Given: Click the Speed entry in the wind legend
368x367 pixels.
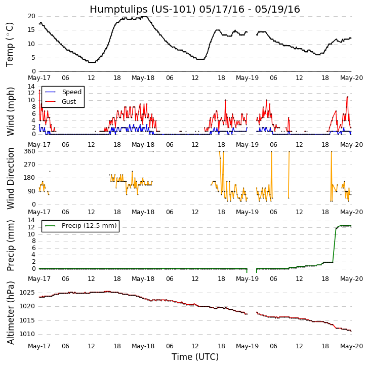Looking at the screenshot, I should tap(71, 92).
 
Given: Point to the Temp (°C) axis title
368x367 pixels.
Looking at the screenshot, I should tap(10, 44).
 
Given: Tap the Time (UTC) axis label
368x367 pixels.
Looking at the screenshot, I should tap(195, 357).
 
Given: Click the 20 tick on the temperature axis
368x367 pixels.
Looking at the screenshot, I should tap(31, 16).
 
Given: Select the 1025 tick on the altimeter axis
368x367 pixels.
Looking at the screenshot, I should tap(26, 293).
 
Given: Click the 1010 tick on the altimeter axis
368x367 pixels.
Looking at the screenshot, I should tap(26, 334).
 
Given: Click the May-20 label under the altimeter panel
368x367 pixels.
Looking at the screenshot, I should tap(351, 346).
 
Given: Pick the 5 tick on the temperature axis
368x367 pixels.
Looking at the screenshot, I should tap(33, 58).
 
